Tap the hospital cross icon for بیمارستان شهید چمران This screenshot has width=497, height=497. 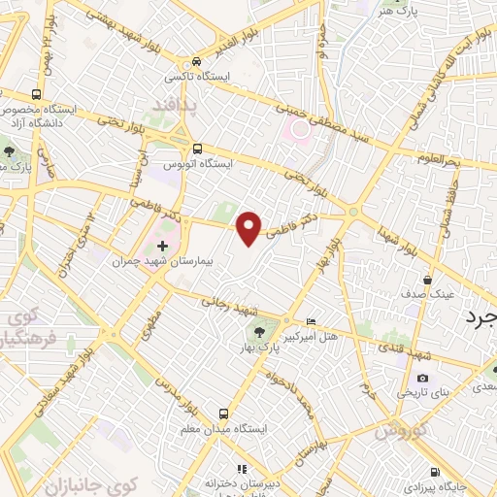162,248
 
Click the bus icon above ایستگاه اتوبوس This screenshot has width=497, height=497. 198,149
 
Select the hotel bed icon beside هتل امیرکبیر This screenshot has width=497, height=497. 311,321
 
